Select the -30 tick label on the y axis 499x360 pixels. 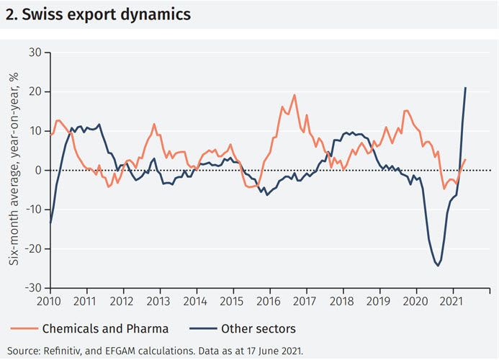(x=33, y=288)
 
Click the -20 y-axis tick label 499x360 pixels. (x=33, y=249)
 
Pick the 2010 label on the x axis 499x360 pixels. (x=50, y=301)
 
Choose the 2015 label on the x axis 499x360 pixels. (x=233, y=301)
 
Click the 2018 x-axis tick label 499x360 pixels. (x=343, y=301)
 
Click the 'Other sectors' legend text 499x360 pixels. (x=257, y=329)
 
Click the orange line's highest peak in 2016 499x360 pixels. (x=295, y=95)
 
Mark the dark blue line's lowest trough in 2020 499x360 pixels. (x=438, y=265)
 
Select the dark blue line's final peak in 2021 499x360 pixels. (x=466, y=88)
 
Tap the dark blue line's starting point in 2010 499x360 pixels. (x=50, y=223)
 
